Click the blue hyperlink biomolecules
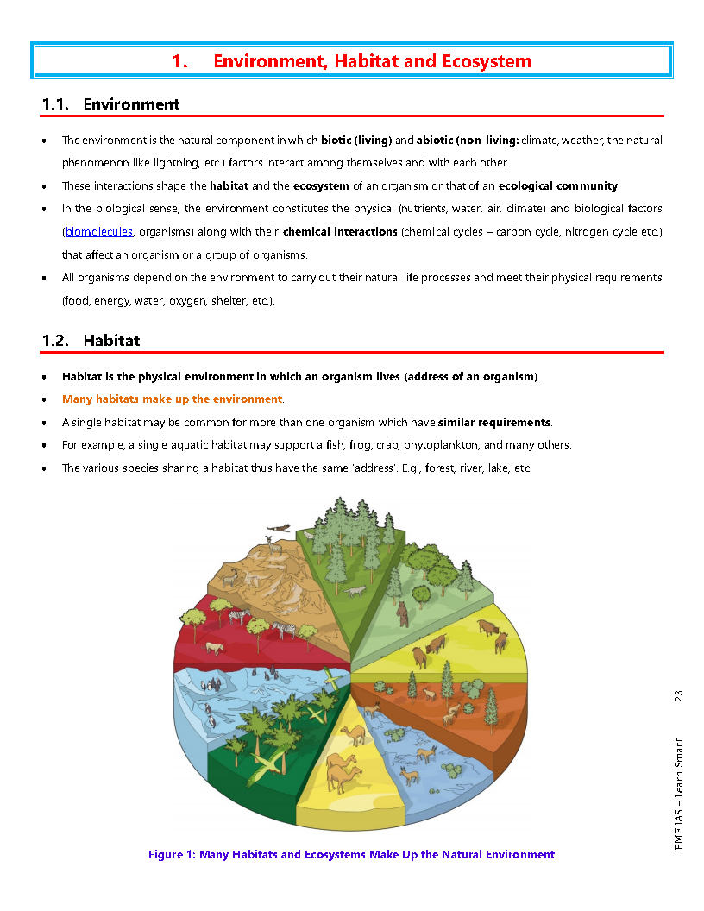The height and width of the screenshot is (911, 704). point(99,232)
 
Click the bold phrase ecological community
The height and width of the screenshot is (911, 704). point(558,185)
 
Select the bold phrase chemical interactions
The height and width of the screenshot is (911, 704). point(340,232)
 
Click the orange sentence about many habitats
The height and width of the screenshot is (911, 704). point(172,399)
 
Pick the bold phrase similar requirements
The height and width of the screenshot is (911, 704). point(494,423)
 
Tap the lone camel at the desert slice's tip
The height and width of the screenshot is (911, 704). point(353,736)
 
